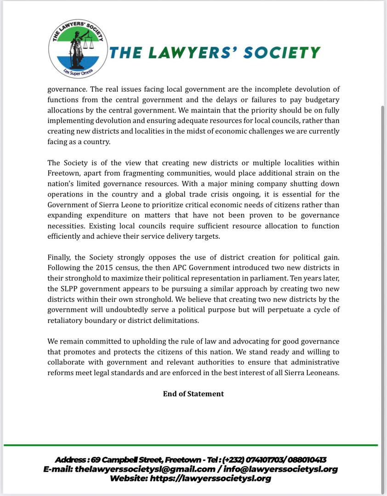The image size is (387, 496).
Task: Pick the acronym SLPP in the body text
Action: pos(69,288)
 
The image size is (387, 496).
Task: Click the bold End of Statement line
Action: pos(193,394)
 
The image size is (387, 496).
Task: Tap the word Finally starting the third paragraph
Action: pos(60,257)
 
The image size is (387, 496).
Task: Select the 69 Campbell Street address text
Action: pos(125,460)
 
